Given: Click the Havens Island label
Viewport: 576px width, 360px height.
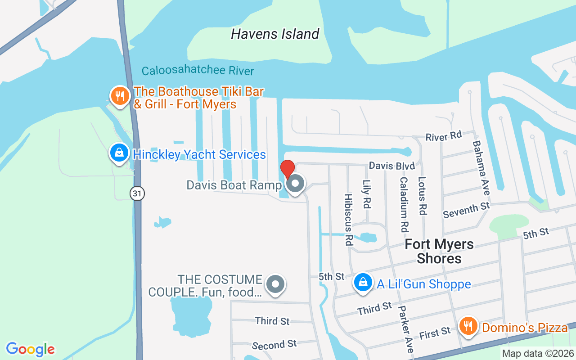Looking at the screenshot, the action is (x=275, y=34).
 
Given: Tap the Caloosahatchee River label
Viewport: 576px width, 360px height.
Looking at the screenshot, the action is (x=198, y=71).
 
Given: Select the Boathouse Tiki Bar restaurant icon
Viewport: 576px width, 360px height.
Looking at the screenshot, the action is (x=120, y=96).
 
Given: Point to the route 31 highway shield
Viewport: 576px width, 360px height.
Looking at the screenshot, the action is (x=137, y=193).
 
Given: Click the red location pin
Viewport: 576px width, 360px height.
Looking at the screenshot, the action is (x=287, y=170).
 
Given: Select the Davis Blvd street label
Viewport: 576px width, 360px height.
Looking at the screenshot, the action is (x=391, y=166).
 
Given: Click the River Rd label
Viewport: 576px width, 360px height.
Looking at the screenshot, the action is (x=444, y=136).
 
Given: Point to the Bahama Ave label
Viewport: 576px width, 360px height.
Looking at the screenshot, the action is (x=481, y=168).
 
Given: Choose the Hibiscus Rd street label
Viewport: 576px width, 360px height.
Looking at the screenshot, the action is (x=348, y=219).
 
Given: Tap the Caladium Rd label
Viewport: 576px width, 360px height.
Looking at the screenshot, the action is (x=404, y=204).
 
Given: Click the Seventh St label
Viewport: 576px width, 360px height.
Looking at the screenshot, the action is (x=466, y=210).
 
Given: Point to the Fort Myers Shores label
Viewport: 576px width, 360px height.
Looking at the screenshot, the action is (x=439, y=251).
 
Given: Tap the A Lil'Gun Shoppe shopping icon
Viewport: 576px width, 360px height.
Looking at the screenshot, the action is (x=362, y=283).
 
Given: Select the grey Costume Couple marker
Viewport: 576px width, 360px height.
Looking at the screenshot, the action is (x=275, y=284).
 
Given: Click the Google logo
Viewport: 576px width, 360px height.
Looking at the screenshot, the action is (x=31, y=349).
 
